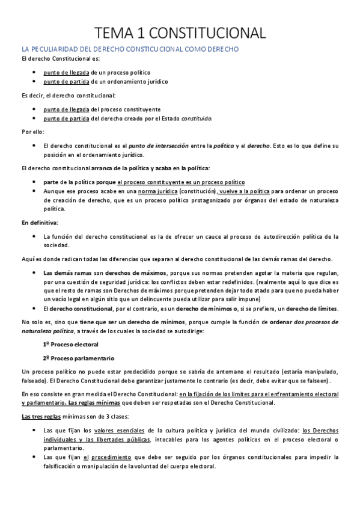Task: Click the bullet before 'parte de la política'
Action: pos(38,181)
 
